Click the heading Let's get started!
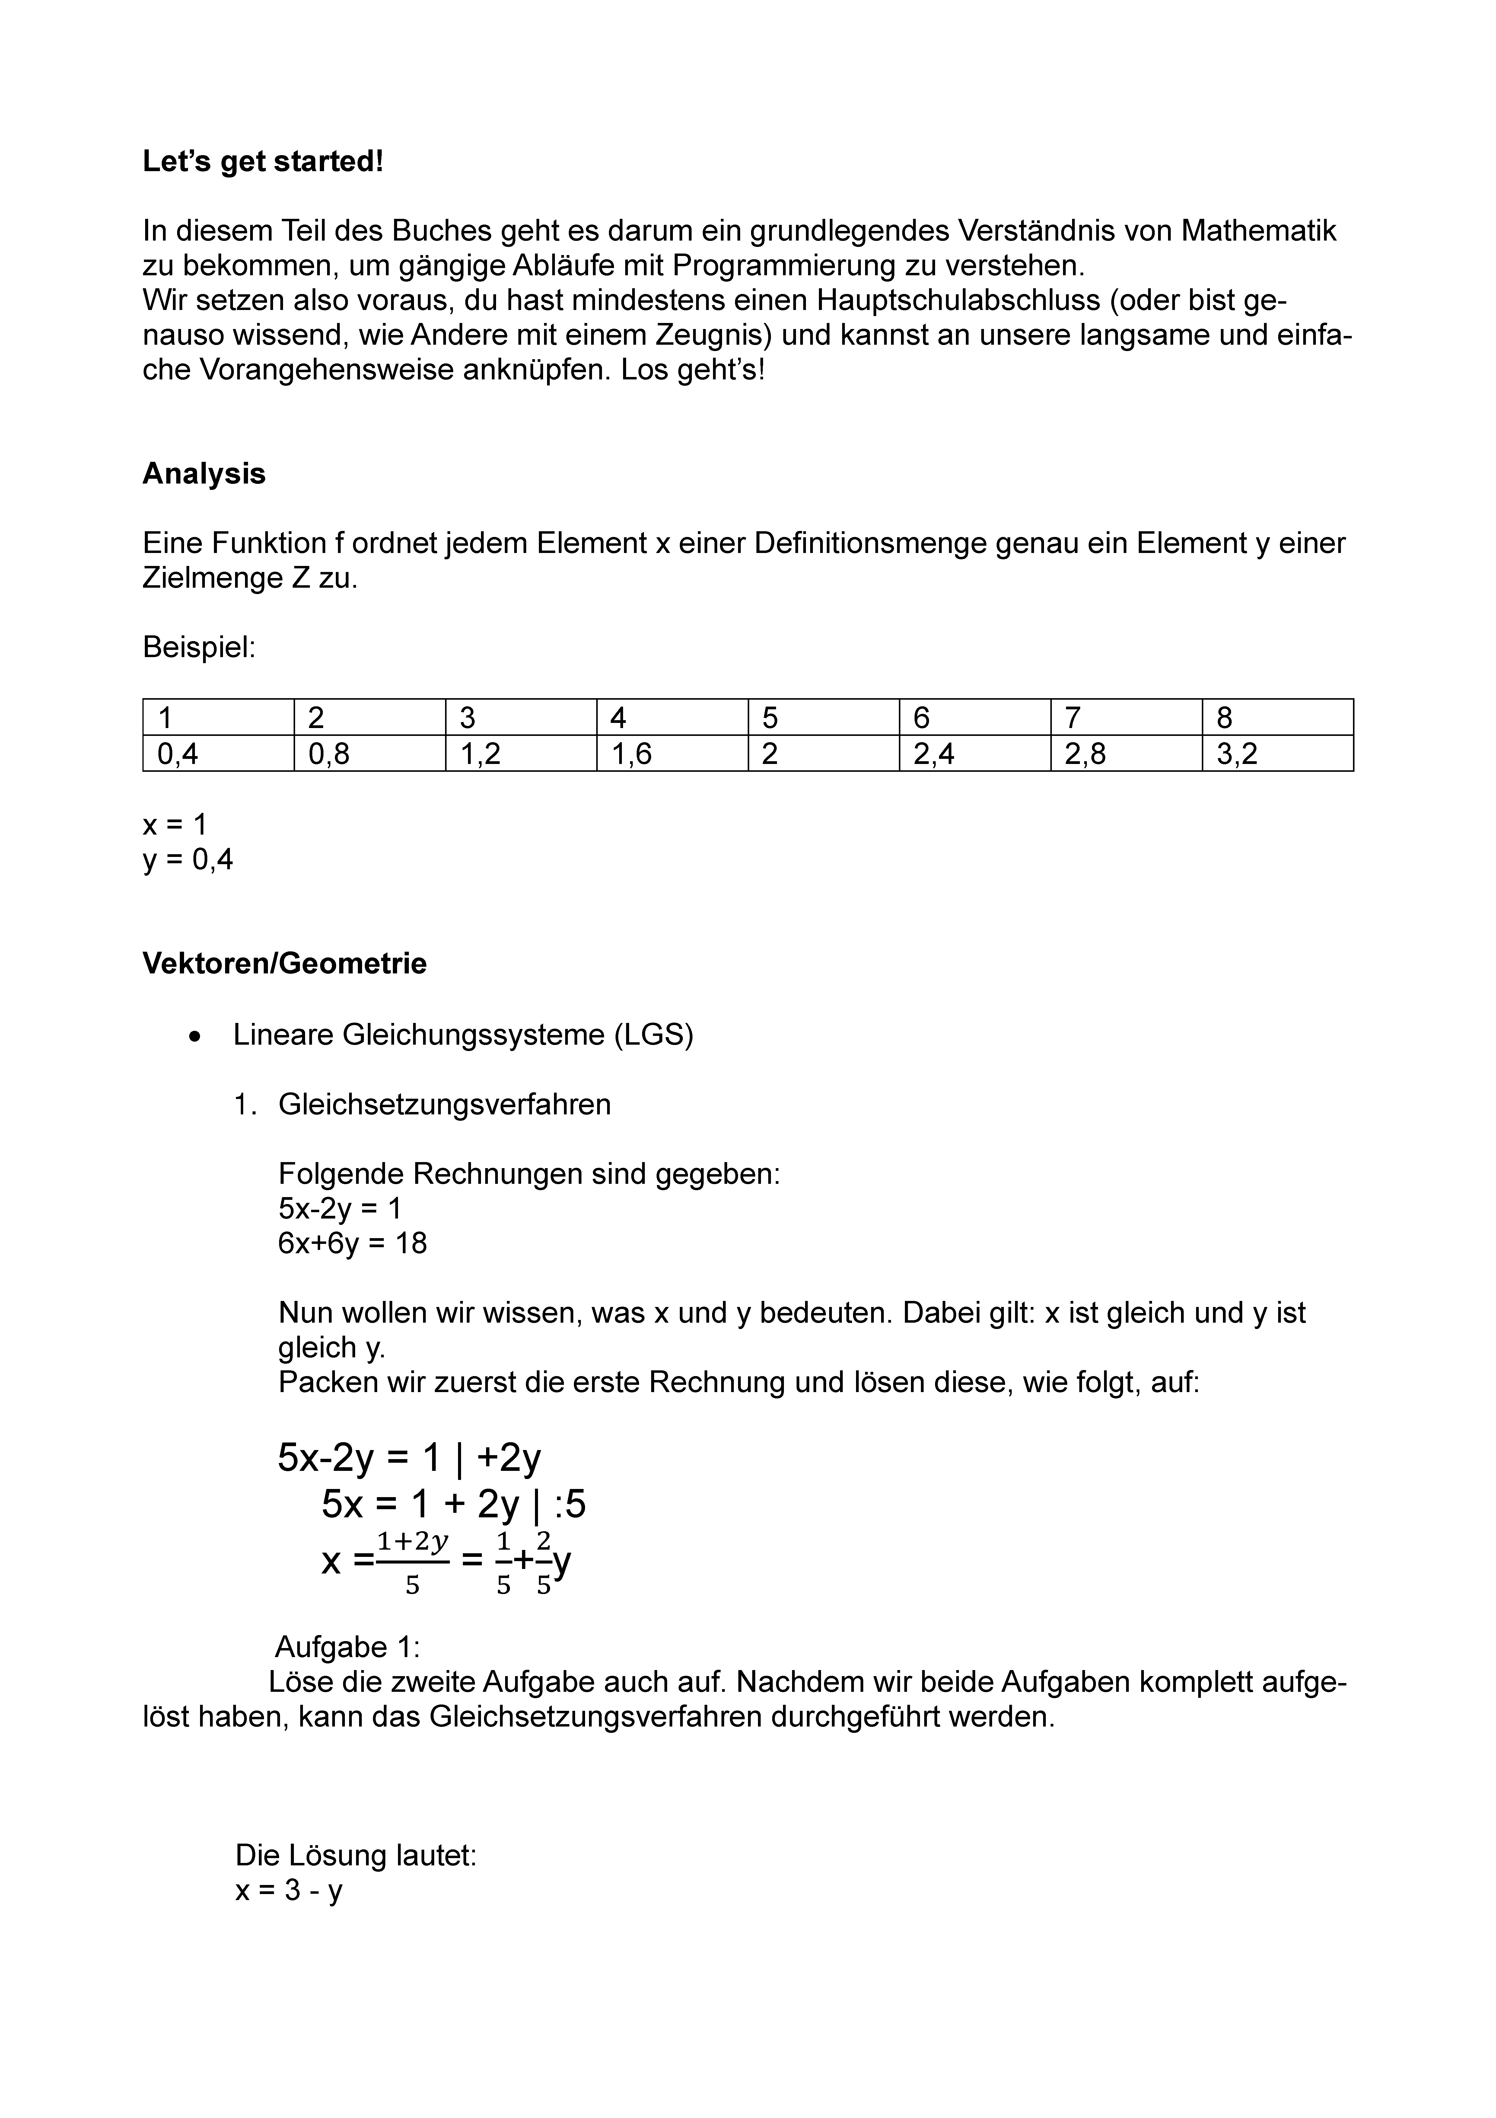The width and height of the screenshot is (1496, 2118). [263, 161]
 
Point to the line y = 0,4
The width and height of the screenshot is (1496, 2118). [188, 860]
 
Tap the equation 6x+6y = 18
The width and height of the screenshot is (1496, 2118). [352, 1244]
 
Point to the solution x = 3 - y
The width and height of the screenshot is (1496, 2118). [289, 1891]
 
